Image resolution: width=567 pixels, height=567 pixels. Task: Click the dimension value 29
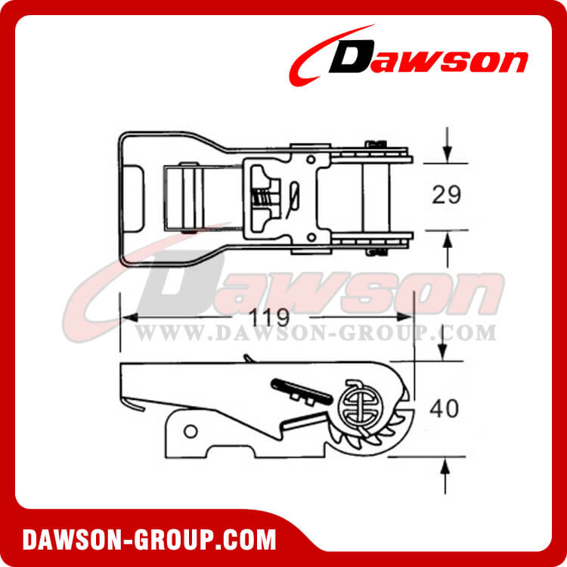(x=446, y=195)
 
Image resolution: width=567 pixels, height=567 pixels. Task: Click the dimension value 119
(x=270, y=318)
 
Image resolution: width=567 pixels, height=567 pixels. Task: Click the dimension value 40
(x=444, y=408)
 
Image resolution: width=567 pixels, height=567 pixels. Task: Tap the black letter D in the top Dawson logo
(x=351, y=57)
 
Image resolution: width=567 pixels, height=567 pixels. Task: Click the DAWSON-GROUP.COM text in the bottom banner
(x=149, y=540)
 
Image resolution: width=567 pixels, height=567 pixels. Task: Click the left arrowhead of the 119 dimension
(x=129, y=318)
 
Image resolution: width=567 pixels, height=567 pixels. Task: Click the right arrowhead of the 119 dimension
(x=404, y=317)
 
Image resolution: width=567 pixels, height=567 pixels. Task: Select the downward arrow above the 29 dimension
(x=448, y=144)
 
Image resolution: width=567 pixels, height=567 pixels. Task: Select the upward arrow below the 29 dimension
(x=448, y=250)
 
